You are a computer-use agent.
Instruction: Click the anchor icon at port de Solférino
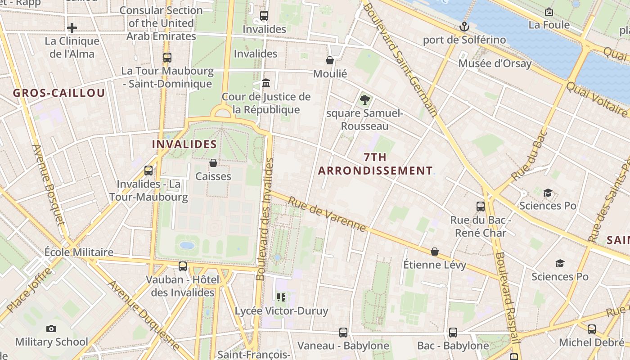point(464,27)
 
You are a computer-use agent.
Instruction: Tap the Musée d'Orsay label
point(495,63)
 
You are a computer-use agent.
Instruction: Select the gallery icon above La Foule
point(549,12)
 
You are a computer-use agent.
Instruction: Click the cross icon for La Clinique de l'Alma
point(72,28)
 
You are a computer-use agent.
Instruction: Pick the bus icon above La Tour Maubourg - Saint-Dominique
point(167,58)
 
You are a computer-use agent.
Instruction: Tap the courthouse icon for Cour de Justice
point(266,83)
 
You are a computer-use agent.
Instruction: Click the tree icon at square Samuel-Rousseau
point(364,99)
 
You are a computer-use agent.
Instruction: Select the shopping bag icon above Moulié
point(330,60)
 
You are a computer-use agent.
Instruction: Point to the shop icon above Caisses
point(213,163)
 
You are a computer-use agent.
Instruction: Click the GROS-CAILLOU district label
point(59,93)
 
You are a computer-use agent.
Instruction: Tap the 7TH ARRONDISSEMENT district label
point(375,164)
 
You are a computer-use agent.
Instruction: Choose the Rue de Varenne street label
point(327,214)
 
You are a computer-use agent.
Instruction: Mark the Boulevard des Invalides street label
point(265,219)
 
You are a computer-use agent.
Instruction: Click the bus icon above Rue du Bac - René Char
point(481,207)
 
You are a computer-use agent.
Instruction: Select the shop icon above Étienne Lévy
point(435,251)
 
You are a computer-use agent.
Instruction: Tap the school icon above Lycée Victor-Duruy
point(281,297)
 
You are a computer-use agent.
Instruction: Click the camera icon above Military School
point(51,328)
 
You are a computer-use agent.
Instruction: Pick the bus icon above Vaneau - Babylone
point(343,333)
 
